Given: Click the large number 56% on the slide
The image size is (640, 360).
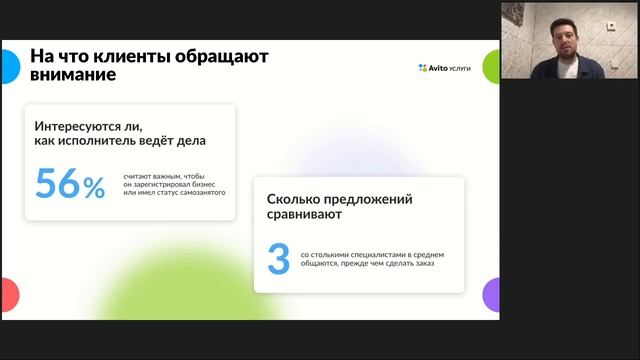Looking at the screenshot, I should click(70, 184).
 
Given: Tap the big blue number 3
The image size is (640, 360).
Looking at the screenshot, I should click(278, 258).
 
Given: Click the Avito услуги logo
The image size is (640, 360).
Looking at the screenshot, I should click(445, 68).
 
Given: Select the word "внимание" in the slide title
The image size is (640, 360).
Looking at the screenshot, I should click(72, 75).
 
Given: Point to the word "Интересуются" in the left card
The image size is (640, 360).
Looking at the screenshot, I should click(83, 128).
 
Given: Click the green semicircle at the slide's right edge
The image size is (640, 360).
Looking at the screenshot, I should click(492, 66).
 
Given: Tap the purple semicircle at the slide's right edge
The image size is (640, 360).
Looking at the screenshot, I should click(492, 295).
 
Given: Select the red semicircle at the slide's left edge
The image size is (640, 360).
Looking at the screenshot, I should click(9, 295).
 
